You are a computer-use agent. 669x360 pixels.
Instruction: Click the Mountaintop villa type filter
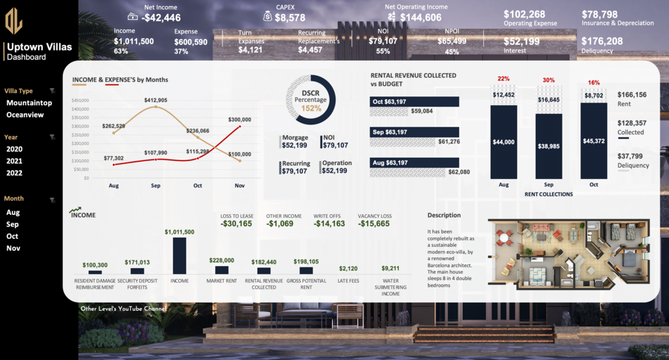[29, 103]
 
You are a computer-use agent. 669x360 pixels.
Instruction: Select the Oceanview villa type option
[25, 115]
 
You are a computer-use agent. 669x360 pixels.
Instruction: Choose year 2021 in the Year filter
[15, 161]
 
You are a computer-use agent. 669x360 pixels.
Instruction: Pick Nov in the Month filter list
[13, 248]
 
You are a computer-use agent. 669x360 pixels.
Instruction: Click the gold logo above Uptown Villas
[13, 21]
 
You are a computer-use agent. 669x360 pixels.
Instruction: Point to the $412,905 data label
[156, 100]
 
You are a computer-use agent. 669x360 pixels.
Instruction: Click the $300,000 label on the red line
[240, 120]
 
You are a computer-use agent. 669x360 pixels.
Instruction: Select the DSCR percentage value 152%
[311, 108]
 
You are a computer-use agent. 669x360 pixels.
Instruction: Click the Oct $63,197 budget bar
[414, 102]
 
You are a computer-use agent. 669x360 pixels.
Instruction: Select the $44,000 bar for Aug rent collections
[503, 142]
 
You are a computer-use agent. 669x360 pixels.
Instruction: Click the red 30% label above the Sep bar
[549, 80]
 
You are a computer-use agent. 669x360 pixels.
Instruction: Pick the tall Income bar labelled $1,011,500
[180, 256]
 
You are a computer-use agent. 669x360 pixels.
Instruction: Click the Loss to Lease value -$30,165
[236, 224]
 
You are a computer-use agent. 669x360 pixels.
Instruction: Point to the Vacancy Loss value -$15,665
[374, 224]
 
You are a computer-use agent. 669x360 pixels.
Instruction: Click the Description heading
[444, 216]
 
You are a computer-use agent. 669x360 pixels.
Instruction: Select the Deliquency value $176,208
[602, 41]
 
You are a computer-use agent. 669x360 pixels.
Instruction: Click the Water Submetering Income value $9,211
[391, 268]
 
